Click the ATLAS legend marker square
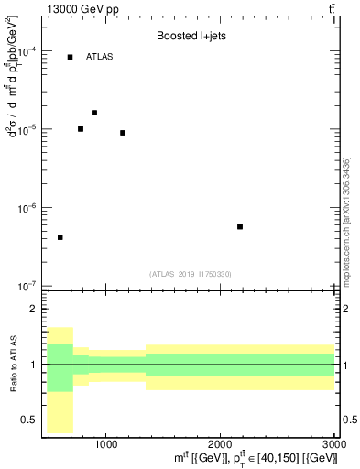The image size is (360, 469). pyautogui.click(x=70, y=57)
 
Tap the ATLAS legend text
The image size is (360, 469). pyautogui.click(x=100, y=57)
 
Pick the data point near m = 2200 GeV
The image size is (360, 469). pyautogui.click(x=240, y=226)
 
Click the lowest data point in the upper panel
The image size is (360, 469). pyautogui.click(x=60, y=237)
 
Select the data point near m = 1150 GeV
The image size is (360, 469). pyautogui.click(x=123, y=133)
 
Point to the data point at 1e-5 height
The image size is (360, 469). pyautogui.click(x=81, y=129)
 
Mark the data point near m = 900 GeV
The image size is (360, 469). pyautogui.click(x=94, y=113)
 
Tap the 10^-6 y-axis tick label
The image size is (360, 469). pyautogui.click(x=27, y=208)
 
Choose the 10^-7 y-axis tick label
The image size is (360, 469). pyautogui.click(x=27, y=286)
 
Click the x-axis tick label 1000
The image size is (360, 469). pyautogui.click(x=105, y=443)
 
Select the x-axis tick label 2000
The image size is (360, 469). pyautogui.click(x=220, y=443)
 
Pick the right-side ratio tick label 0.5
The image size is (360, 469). pyautogui.click(x=348, y=420)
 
